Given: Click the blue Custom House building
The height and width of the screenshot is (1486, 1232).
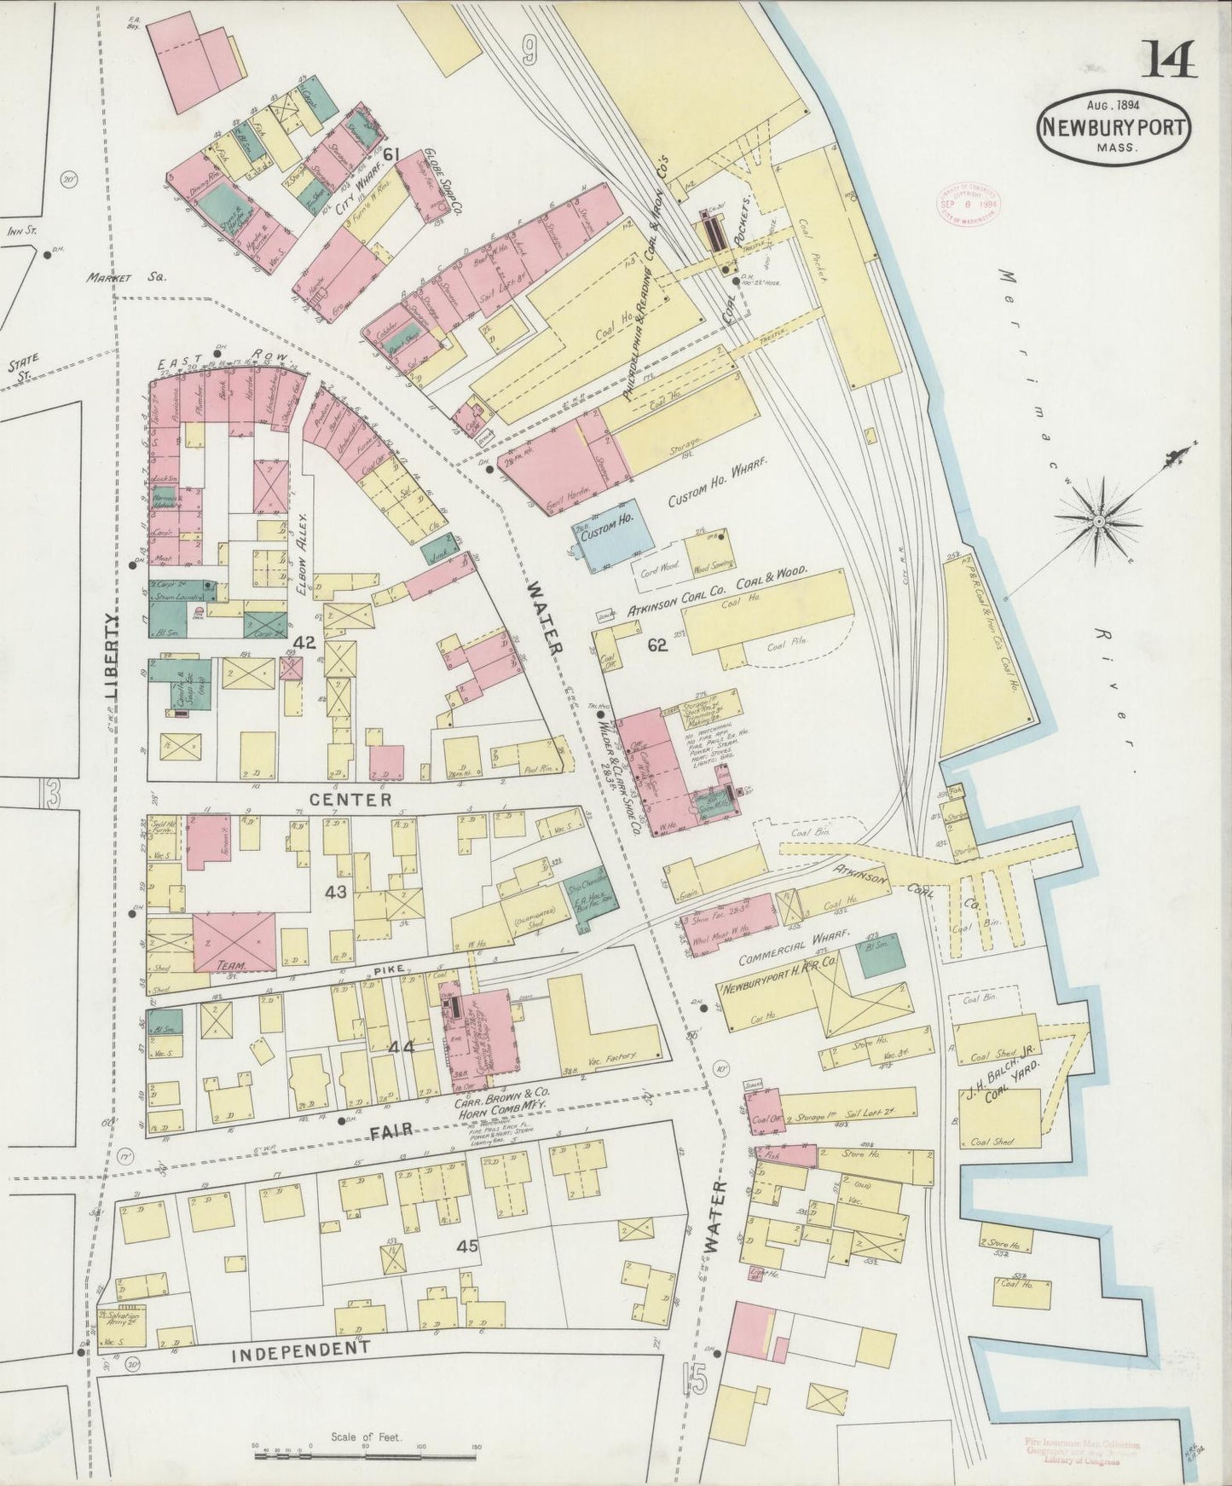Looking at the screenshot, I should point(613,532).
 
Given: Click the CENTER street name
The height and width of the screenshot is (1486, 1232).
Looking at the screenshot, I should point(350,800).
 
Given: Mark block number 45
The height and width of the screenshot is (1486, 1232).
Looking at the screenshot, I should point(466,1246).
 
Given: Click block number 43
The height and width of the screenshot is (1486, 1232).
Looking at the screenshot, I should point(336,892).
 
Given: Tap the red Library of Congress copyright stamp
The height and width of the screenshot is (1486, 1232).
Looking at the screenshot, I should point(968,204).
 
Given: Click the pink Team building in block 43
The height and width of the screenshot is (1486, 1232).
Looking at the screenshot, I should point(234,942).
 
